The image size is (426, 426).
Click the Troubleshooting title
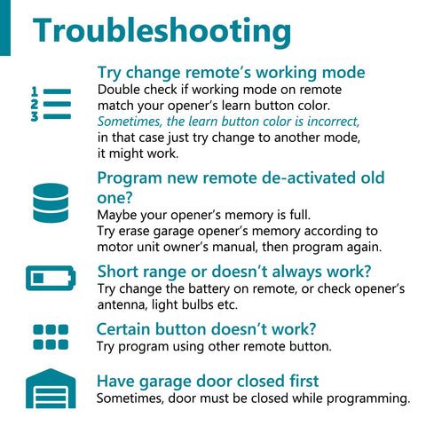click(162, 31)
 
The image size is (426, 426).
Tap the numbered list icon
click(51, 104)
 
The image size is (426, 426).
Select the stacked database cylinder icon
click(51, 202)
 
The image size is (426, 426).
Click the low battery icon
click(51, 278)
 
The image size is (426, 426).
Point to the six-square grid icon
click(51, 337)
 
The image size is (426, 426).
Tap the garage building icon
click(51, 389)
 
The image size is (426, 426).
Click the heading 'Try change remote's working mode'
click(232, 73)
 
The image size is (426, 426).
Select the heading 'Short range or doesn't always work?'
click(234, 272)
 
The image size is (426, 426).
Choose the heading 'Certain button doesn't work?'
click(207, 329)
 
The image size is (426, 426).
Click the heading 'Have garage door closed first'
click(208, 381)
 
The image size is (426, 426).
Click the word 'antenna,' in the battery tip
click(122, 304)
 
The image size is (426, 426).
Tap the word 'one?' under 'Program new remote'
click(114, 198)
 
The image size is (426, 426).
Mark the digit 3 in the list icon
click(35, 116)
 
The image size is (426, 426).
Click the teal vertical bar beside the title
click(5, 28)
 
